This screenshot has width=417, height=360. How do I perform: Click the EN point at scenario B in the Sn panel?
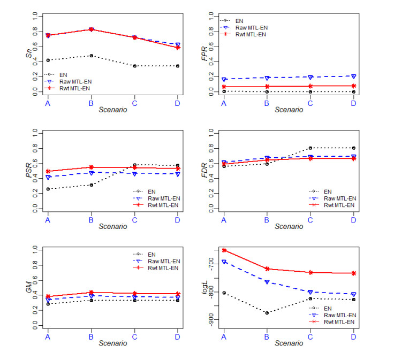point(91,56)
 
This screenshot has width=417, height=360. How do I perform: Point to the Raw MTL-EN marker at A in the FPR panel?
point(224,79)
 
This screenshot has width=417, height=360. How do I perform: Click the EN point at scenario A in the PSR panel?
point(48,189)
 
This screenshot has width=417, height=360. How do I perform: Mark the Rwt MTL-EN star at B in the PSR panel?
point(91,167)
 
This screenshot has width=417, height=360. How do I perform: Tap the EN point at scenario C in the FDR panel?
point(310,148)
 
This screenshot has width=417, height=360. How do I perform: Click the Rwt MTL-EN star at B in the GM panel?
point(91,293)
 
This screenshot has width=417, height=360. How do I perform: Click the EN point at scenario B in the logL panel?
point(267,313)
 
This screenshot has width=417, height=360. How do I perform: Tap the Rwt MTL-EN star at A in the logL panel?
point(224,250)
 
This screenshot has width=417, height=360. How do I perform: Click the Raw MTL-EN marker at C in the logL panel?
point(310,292)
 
